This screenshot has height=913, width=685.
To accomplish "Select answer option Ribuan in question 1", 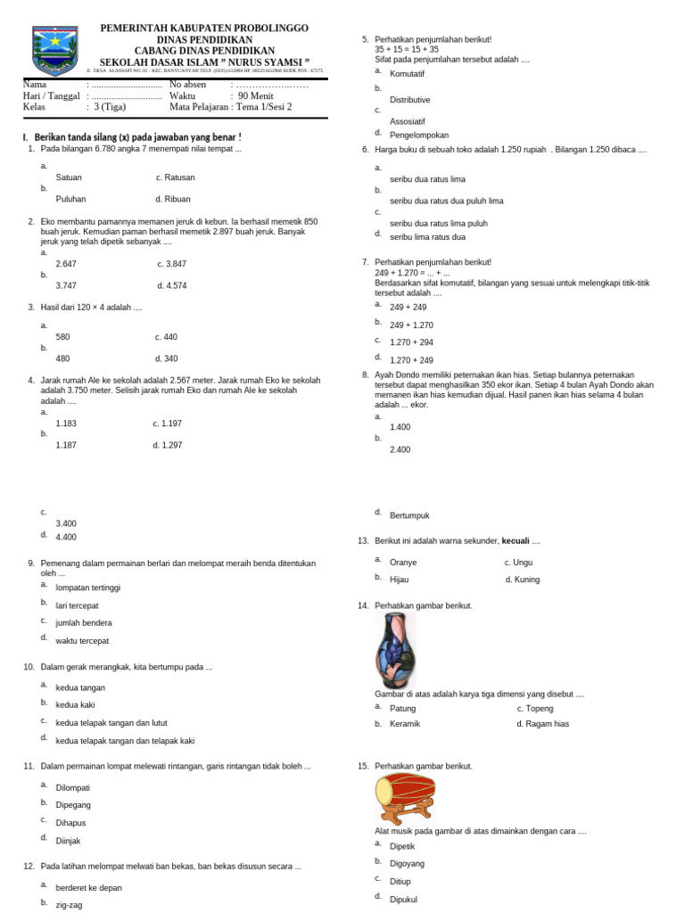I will (x=173, y=199).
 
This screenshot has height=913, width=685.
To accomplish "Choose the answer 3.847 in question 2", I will (x=172, y=263).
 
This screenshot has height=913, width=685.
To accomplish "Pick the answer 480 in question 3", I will (x=62, y=358).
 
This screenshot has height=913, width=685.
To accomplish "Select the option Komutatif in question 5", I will (x=408, y=73).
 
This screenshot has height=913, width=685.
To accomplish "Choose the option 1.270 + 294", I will (x=411, y=341).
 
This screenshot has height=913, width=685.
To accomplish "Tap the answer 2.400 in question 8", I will (x=400, y=449).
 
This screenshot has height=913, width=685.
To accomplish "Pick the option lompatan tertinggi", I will (x=87, y=588).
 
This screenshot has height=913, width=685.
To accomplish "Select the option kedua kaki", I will (x=75, y=704).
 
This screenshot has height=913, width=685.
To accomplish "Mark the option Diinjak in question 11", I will (x=68, y=841).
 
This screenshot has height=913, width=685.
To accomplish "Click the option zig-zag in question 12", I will (x=69, y=903).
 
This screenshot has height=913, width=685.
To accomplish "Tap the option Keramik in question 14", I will (x=404, y=724).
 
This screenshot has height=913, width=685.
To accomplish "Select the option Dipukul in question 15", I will (x=403, y=900).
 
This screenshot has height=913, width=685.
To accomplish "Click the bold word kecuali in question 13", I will (x=515, y=541).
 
